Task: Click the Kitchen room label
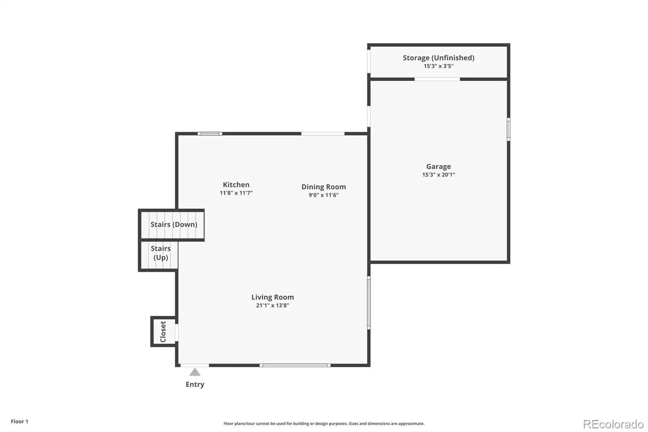(236, 185)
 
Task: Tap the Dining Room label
(324, 187)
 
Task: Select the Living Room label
(273, 297)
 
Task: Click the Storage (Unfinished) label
(439, 58)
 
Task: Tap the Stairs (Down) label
(174, 225)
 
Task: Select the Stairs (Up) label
(161, 253)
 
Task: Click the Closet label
(163, 331)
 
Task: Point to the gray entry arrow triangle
(195, 372)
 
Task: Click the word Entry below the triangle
(195, 385)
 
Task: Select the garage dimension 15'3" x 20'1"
(439, 175)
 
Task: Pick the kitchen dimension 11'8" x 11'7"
(236, 193)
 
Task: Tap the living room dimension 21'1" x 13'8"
(273, 305)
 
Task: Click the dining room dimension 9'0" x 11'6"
(324, 195)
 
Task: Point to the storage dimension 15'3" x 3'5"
(439, 66)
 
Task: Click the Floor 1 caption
(20, 421)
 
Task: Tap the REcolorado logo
(613, 424)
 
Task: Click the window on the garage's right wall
(509, 129)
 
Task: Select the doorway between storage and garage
(437, 79)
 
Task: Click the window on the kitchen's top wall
(210, 133)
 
